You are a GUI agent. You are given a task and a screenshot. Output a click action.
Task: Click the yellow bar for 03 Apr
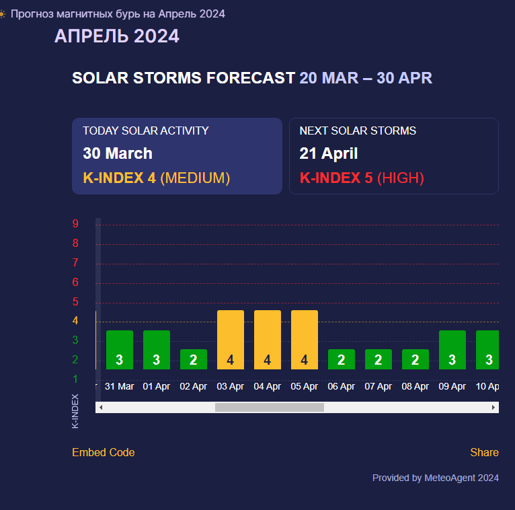231,340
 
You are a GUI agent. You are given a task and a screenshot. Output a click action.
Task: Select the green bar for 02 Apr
194,359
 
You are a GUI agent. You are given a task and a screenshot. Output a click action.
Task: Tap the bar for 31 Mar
120,350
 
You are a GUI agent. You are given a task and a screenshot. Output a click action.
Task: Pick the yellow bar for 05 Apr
305,340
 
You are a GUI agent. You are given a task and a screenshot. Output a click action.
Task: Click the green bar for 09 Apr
452,350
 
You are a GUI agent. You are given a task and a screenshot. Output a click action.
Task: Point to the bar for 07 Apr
379,359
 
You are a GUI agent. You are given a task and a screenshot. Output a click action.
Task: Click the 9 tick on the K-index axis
75,224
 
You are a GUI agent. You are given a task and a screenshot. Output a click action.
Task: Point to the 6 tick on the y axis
75,283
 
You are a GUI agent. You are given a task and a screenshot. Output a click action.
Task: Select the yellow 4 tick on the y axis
75,320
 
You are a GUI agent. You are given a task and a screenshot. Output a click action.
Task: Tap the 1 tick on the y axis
75,379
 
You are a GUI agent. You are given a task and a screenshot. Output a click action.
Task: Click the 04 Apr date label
268,386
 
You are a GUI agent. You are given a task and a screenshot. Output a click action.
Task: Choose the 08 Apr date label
415,386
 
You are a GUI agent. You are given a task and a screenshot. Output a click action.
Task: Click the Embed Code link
104,453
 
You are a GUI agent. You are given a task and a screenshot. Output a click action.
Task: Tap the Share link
485,453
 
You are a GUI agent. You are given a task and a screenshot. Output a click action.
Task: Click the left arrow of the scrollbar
101,408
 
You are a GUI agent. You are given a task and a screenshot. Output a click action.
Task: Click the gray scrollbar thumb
270,408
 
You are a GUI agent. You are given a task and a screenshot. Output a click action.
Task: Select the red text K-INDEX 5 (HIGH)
362,178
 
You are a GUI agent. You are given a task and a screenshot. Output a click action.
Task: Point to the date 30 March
118,153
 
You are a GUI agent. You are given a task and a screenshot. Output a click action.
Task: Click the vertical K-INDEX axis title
75,411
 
